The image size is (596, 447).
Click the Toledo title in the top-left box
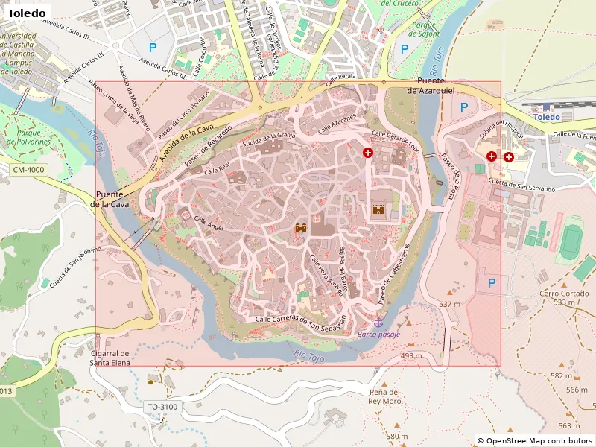pos(27,13)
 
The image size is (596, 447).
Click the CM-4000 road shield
pos(30,171)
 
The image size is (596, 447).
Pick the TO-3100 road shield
pos(162,407)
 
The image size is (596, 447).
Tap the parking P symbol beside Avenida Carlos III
pos(153,48)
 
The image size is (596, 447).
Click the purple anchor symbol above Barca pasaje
pos(378,322)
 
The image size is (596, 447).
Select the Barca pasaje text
pos(378,335)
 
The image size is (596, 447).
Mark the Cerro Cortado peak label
pos(559,298)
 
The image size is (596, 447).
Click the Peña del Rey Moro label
pos(384,396)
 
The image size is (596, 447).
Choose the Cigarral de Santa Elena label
pos(110,358)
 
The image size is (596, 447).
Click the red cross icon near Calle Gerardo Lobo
pos(368,152)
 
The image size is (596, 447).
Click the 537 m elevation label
pos(450,305)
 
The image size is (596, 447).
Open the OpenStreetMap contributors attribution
pos(535,441)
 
